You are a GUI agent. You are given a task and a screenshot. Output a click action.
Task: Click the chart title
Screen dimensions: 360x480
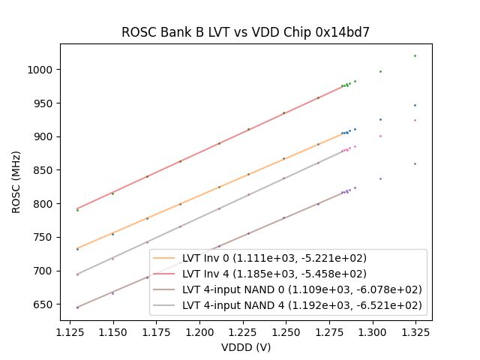tap(245, 32)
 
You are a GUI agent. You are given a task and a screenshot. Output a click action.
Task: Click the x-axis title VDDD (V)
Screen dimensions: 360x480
tap(245, 347)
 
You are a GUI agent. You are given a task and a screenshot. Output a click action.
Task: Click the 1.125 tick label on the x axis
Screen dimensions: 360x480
tap(78, 331)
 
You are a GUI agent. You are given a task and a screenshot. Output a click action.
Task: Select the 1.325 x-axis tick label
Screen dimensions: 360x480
tap(415, 331)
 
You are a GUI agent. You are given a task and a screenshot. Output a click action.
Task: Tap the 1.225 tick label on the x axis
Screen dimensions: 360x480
tap(246, 331)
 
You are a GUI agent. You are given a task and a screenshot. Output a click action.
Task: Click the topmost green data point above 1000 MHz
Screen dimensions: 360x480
tap(415, 55)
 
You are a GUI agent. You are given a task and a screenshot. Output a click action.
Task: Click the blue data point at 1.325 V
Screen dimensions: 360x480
tap(415, 105)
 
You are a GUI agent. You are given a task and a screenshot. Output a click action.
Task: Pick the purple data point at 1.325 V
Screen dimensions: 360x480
tap(415, 163)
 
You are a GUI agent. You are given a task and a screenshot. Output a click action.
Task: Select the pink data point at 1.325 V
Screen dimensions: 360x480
tap(415, 120)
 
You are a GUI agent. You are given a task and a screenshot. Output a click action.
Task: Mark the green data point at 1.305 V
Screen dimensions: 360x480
tap(380, 72)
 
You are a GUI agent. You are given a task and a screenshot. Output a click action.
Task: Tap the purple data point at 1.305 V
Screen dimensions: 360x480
tap(380, 178)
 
